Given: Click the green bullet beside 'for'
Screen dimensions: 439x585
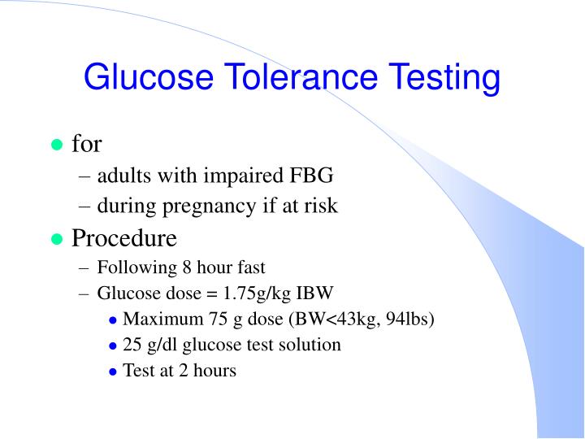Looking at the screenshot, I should tap(57, 146).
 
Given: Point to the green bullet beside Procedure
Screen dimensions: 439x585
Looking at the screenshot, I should tap(57, 239).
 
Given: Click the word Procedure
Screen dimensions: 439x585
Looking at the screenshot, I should tap(123, 239).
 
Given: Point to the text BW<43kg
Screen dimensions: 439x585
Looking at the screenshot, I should tap(340, 318).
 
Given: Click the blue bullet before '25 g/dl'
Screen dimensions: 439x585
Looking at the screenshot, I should tap(113, 346).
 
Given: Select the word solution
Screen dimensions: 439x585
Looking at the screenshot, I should tap(311, 344).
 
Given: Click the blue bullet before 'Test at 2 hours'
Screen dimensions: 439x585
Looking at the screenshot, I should tap(113, 372).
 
